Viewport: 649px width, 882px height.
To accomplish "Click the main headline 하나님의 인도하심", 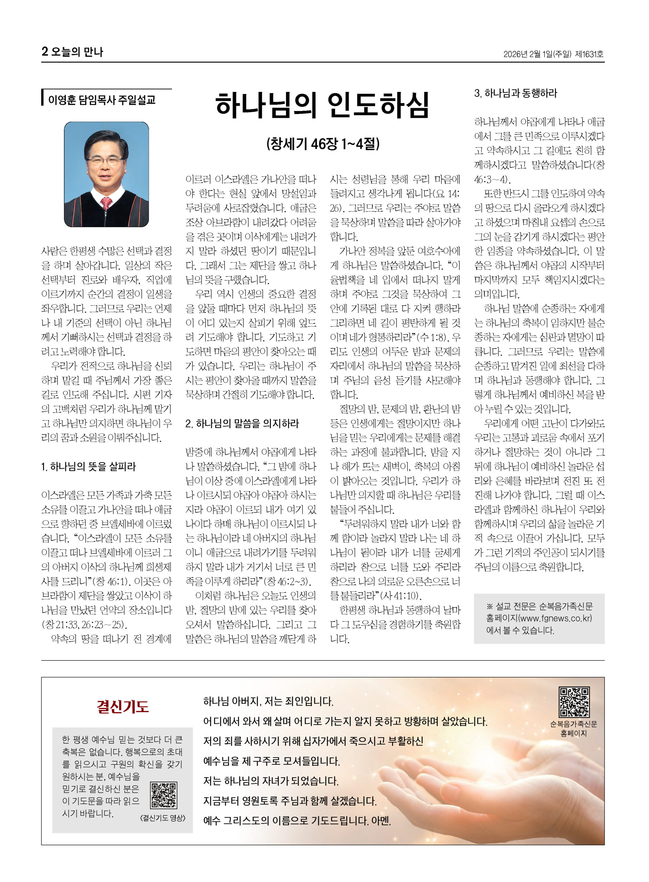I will [x=322, y=105].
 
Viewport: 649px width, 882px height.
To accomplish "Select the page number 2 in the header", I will [x=45, y=51].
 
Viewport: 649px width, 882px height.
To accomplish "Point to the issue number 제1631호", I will [x=589, y=54].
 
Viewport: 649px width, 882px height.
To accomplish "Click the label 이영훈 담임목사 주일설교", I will [x=102, y=100].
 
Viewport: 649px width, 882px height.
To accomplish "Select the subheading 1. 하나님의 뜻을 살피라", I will [x=89, y=466].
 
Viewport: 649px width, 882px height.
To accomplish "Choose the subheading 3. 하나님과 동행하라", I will [x=515, y=93].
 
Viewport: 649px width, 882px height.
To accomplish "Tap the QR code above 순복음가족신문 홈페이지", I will [x=574, y=702].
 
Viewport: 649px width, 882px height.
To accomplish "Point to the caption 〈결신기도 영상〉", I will [x=162, y=818].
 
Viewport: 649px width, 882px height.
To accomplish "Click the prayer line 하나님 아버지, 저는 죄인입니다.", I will [x=268, y=701].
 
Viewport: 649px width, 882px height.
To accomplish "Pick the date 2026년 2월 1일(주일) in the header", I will [x=537, y=54].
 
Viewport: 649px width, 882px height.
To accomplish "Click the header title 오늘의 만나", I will [x=77, y=51].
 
